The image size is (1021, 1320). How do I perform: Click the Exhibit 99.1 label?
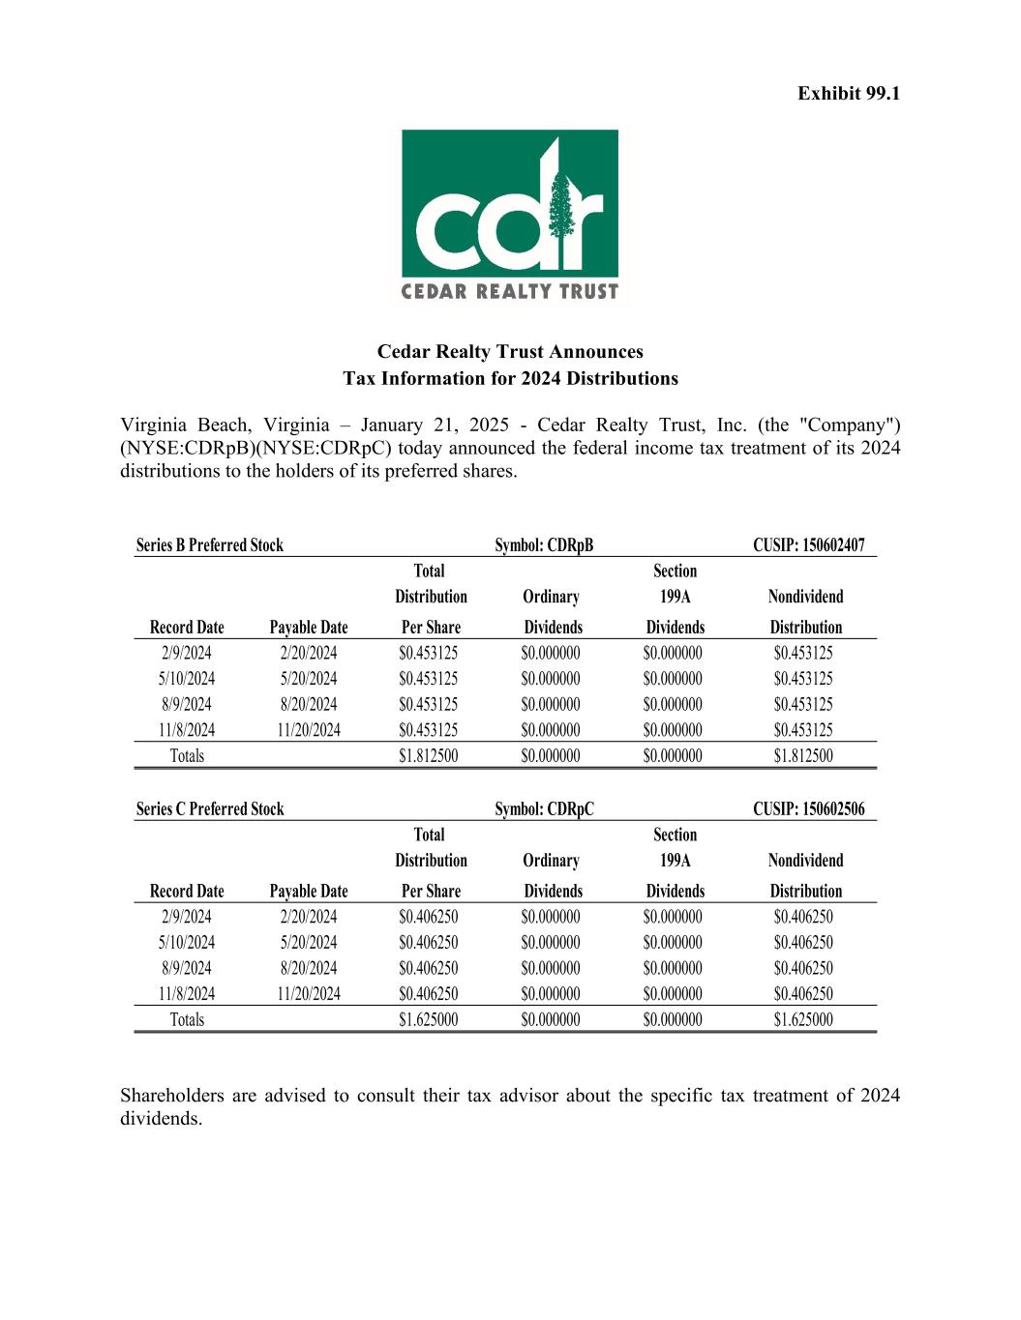coord(849,94)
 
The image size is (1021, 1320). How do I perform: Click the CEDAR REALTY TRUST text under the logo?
coord(510,291)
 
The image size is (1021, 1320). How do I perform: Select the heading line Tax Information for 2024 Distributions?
coord(510,378)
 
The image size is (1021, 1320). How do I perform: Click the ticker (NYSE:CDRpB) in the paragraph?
coord(187,449)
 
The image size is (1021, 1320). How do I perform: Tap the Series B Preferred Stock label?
coord(210,545)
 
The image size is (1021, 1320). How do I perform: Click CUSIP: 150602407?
coord(809,545)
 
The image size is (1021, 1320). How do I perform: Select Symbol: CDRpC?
coord(544,809)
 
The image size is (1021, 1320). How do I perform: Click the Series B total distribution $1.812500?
coord(429,756)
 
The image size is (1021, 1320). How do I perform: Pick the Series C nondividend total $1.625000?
coord(803,1019)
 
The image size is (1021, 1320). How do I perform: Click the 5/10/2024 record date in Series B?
coord(187,679)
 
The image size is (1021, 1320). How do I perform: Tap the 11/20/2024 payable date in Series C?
coord(309,994)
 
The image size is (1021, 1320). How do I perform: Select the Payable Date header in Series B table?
coord(309,628)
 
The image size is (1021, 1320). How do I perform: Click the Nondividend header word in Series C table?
coord(805,861)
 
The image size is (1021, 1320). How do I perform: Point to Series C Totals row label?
coord(187,1019)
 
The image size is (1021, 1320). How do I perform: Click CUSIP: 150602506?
coord(809,809)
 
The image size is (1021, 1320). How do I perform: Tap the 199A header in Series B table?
coord(675,597)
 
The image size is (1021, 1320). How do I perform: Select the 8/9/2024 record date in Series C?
coord(187,968)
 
